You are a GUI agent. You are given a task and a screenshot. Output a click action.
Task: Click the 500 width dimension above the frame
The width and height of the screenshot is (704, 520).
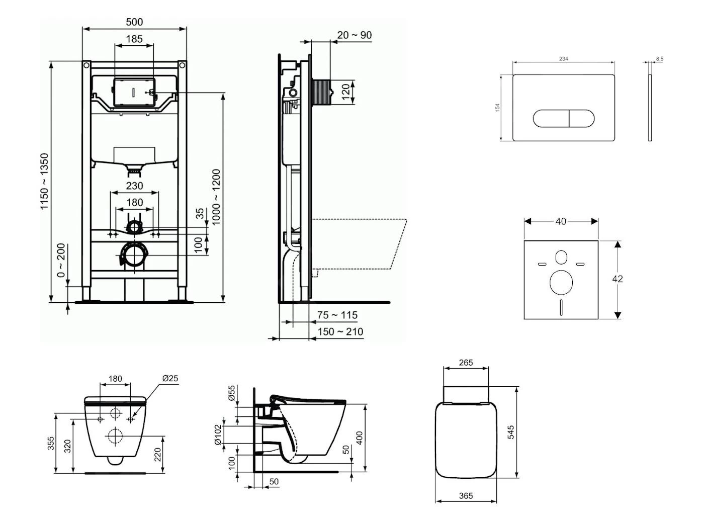coord(134,22)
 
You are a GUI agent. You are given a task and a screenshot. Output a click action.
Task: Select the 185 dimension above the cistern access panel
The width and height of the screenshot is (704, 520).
coord(134,38)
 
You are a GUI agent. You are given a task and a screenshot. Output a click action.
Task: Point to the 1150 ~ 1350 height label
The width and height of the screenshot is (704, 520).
coord(45,182)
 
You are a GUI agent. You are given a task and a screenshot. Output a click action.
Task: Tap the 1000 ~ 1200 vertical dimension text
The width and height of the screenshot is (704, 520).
coord(216,197)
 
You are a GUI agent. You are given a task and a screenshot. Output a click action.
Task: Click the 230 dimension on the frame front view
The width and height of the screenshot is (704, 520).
coord(134,186)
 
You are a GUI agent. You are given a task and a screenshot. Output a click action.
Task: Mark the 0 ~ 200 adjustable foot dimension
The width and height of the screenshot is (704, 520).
coord(61,261)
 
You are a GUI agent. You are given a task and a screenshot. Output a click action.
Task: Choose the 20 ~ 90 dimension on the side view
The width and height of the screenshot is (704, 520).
coord(355,35)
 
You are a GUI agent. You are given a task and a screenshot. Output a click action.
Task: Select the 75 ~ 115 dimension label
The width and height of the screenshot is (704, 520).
coord(337,315)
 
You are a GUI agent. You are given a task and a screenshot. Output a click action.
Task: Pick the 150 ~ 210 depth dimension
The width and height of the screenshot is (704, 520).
coord(340,331)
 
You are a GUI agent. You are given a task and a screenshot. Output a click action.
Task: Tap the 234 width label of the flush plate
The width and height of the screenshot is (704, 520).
coord(564,59)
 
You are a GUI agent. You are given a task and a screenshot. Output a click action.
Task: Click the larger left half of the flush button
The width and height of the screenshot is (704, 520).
coord(551,119)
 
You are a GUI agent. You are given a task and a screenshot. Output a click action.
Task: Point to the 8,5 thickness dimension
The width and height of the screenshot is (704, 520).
coord(659,59)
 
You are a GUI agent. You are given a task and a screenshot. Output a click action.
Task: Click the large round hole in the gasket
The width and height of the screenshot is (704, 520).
coord(561,282)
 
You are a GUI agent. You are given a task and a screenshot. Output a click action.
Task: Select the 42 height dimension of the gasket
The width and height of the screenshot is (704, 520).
coord(618,279)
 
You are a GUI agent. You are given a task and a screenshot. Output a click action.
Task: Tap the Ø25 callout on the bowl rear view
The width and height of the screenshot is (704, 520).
coord(170,378)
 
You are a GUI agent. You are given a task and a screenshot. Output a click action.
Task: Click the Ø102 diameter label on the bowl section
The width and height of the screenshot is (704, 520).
coord(217,435)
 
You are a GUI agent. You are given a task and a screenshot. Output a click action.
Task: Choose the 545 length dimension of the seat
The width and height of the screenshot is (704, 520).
coord(510,432)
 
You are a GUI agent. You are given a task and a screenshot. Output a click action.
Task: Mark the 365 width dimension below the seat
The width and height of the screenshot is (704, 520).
coord(466,495)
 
